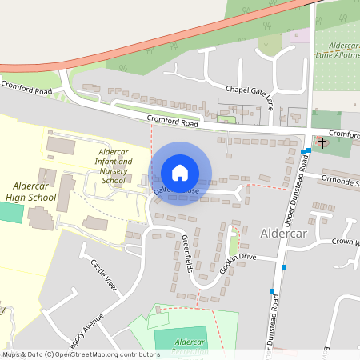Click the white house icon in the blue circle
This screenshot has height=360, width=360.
tap(180, 173)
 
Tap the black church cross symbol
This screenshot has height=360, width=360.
tap(322, 143)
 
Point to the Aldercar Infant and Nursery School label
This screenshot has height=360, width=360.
tap(113, 166)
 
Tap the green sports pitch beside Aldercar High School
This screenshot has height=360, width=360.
tap(10, 213)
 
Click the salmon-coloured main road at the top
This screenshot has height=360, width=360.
tap(160, 36)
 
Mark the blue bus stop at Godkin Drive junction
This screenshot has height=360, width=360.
tap(284, 267)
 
